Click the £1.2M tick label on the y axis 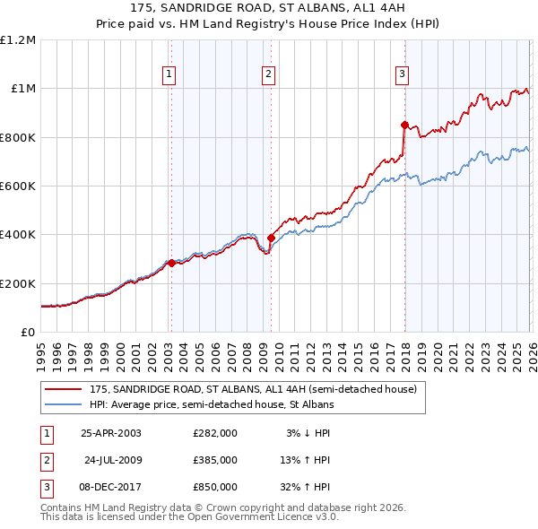(18, 40)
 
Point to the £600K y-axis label (18, 186)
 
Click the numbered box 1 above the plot (169, 74)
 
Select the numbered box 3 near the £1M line (403, 74)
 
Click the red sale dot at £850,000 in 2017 (404, 126)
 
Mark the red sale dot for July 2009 (271, 238)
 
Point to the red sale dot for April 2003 (171, 264)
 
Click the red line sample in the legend (63, 390)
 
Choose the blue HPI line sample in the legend (63, 405)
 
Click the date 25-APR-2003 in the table (111, 433)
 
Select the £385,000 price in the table (215, 460)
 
